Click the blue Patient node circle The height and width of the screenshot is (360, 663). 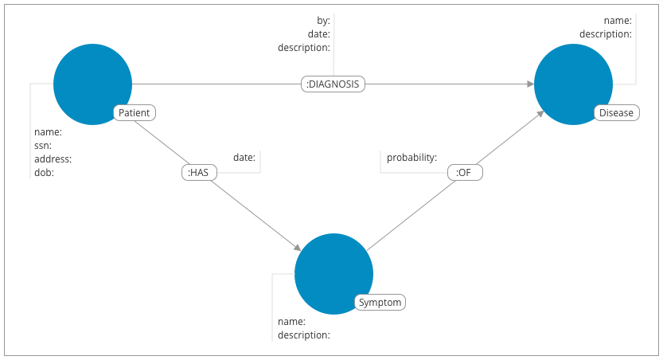(92, 84)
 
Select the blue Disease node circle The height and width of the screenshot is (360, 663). (573, 84)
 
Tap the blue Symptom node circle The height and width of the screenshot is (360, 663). (333, 273)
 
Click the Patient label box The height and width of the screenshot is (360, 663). (134, 113)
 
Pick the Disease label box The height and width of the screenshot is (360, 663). (616, 113)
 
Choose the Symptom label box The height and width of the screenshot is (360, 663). (380, 303)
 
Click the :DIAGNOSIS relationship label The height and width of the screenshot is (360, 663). (333, 84)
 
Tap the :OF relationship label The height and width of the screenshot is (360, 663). (465, 172)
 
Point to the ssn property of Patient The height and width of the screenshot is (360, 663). (42, 146)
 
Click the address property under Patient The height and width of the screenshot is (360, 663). (52, 159)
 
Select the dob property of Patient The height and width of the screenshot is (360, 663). (43, 172)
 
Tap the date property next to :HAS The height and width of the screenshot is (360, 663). (244, 158)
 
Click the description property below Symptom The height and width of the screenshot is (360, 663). (304, 335)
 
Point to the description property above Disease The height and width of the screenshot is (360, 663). (605, 33)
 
